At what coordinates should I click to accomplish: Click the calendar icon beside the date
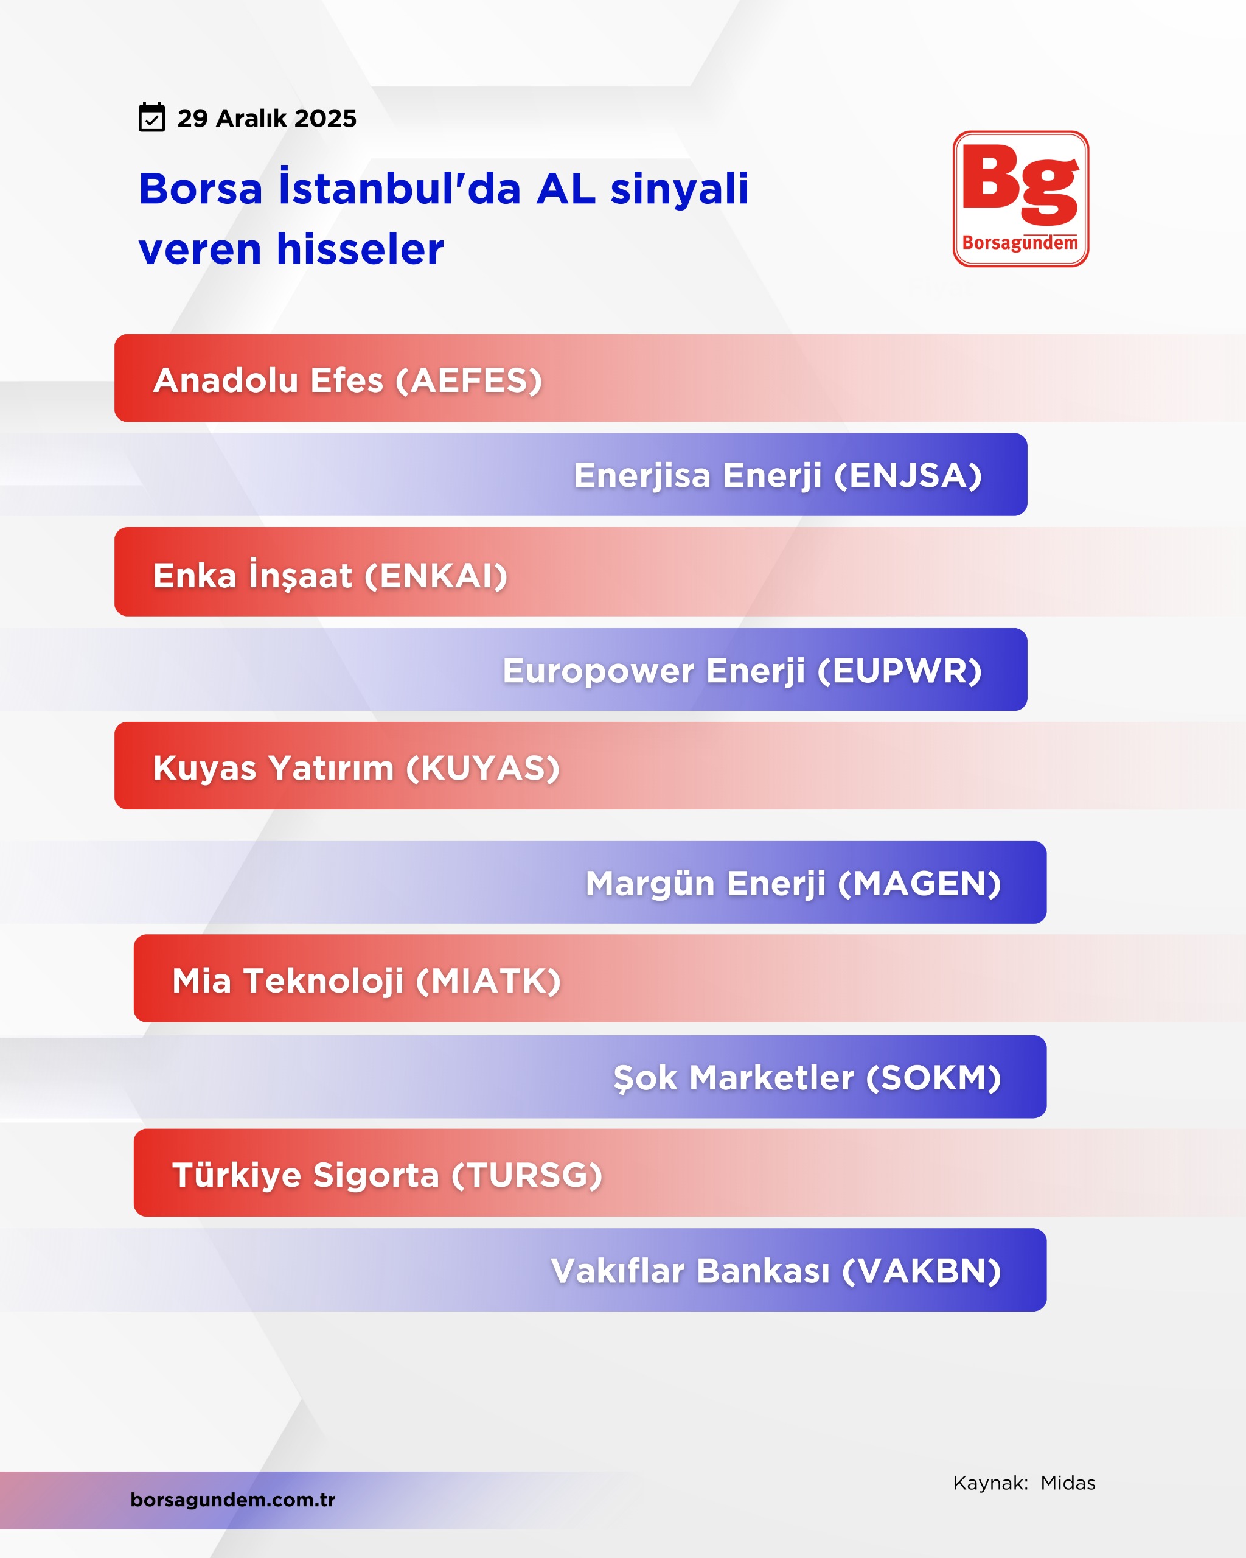(x=151, y=117)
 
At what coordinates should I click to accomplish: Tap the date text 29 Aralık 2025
(x=266, y=119)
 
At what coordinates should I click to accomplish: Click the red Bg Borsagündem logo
(x=1021, y=199)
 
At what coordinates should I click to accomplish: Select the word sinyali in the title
(x=680, y=189)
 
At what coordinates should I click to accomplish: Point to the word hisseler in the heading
(x=360, y=250)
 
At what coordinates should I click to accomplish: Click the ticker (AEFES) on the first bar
(x=469, y=380)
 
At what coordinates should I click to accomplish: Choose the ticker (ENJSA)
(x=908, y=475)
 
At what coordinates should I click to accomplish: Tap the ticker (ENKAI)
(x=436, y=576)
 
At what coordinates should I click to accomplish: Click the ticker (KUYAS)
(x=482, y=768)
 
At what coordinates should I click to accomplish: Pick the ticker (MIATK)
(x=489, y=981)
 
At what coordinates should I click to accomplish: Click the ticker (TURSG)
(x=527, y=1175)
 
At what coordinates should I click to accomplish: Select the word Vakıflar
(x=618, y=1271)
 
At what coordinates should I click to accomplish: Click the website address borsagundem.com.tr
(x=232, y=1500)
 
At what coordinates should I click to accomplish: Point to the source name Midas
(x=1068, y=1484)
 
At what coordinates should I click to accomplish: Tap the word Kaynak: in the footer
(x=990, y=1484)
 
